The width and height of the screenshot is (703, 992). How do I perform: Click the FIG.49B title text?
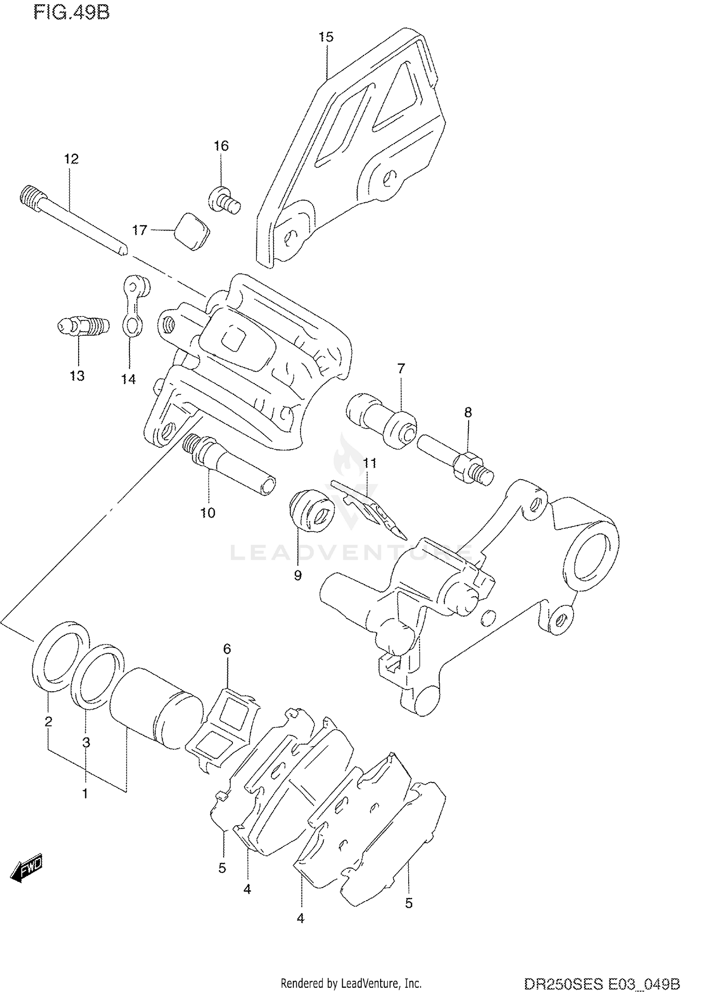[71, 12]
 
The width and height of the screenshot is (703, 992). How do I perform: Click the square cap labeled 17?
[192, 231]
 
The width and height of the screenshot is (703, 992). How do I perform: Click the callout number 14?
[128, 379]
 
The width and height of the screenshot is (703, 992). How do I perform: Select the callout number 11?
[370, 463]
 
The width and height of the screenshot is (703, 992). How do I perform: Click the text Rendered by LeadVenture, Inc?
[351, 983]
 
